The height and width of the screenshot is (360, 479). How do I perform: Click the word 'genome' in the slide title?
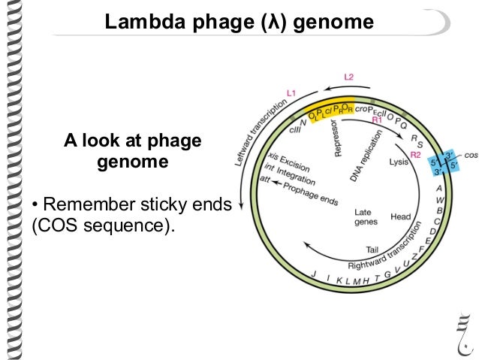point(332,23)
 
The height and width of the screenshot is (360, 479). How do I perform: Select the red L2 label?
point(348,77)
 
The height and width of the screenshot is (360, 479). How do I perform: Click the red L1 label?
point(291,92)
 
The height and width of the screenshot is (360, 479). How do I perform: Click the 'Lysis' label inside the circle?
point(399,162)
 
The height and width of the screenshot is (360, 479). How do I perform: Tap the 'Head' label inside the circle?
point(400,216)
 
